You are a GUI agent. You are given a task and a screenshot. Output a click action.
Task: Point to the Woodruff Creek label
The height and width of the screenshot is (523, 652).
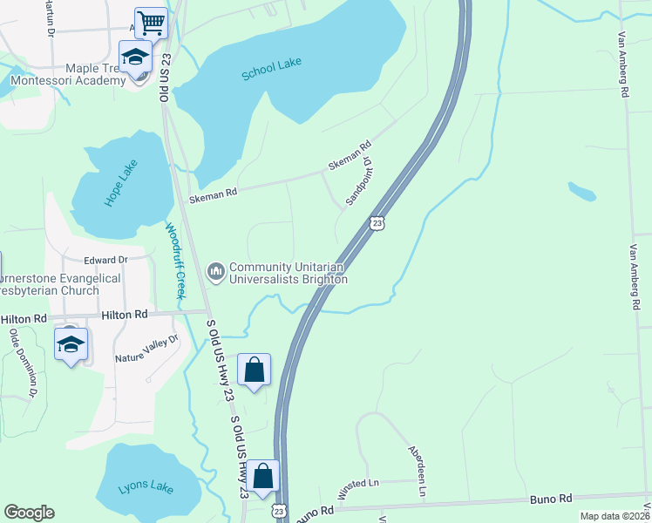(176, 261)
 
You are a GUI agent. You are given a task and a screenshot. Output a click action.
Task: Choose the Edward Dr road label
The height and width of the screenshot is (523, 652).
(105, 260)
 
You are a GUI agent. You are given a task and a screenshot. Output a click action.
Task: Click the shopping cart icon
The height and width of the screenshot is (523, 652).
(151, 23)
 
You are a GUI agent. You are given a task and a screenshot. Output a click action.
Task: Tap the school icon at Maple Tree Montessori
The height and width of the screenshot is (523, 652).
(135, 58)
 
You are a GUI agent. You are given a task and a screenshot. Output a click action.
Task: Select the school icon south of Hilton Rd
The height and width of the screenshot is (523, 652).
(71, 344)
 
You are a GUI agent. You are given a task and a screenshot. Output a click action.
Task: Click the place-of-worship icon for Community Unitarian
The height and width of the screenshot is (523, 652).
(216, 273)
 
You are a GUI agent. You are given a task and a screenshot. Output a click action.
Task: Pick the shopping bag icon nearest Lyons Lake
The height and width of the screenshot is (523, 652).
(262, 478)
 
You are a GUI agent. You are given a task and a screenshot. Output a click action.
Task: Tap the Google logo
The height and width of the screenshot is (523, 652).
(29, 513)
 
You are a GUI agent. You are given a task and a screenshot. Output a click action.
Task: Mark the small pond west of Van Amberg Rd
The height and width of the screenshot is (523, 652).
(582, 190)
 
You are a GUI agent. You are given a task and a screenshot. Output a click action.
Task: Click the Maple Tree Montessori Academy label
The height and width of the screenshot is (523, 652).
(68, 74)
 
